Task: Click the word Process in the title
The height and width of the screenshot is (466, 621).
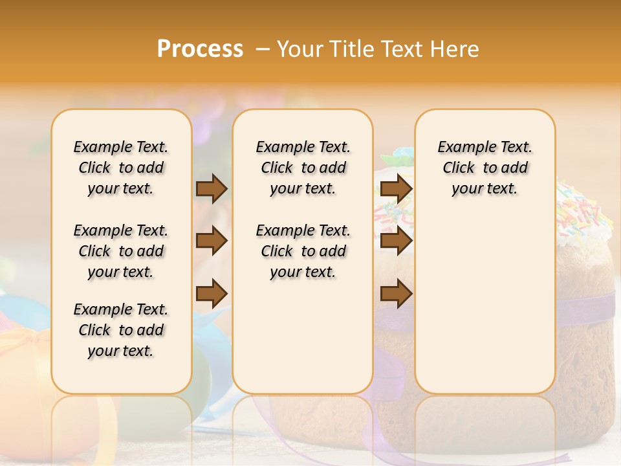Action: click(x=200, y=49)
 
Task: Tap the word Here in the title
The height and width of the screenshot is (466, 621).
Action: click(x=456, y=49)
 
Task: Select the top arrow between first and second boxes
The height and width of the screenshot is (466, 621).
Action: click(x=212, y=189)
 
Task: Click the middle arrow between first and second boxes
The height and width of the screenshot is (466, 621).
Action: click(x=212, y=241)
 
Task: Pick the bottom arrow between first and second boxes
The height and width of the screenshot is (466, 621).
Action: click(x=212, y=293)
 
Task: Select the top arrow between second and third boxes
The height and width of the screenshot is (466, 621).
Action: click(x=396, y=189)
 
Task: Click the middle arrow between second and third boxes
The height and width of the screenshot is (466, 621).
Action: click(x=396, y=241)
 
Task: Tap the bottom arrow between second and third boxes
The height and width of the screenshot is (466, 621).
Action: click(x=396, y=293)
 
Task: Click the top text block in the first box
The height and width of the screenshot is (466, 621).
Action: click(x=121, y=168)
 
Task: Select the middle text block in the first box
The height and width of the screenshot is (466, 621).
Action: click(x=121, y=251)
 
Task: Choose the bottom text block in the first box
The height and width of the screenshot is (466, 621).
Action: click(x=121, y=330)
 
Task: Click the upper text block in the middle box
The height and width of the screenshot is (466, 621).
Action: click(x=303, y=168)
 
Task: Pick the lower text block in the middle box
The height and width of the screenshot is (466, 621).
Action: click(x=303, y=251)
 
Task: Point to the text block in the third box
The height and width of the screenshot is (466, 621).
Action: click(x=485, y=168)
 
